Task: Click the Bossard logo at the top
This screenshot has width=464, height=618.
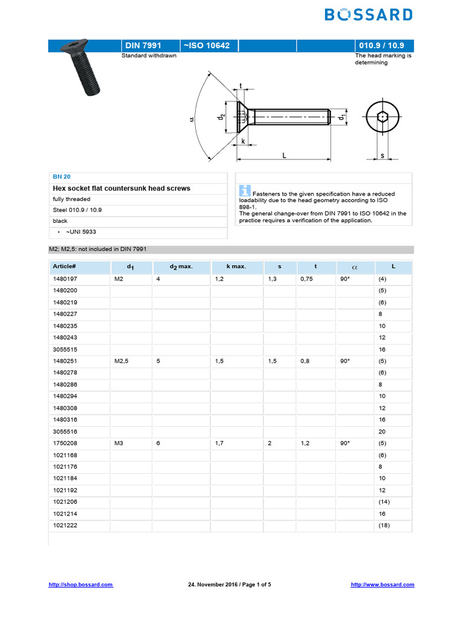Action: coord(369,14)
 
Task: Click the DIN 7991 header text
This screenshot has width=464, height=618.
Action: coord(143,46)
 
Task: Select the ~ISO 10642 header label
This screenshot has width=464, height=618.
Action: coord(206,46)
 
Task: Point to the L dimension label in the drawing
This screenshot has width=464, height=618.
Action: coord(284,155)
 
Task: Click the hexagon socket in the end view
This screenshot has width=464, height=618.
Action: coord(382,116)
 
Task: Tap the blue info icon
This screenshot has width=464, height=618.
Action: coord(245,190)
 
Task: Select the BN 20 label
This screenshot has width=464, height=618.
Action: coord(62,176)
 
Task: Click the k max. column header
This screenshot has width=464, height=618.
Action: coord(236,266)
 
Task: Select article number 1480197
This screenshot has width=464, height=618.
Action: coord(65,279)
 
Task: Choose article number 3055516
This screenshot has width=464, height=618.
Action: coord(65,432)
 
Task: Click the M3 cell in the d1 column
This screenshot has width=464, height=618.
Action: coord(118,443)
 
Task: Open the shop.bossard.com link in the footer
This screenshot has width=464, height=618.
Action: coord(80,584)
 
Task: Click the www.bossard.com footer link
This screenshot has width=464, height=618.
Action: coord(382,584)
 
